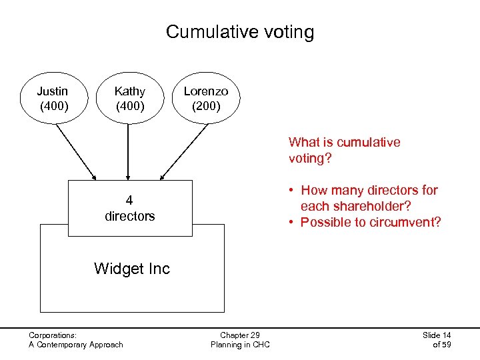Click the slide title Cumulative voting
tap(239, 32)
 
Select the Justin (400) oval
tap(52, 98)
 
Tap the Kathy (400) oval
tap(129, 98)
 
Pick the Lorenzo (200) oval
tap(205, 98)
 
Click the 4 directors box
tap(129, 208)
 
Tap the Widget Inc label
tap(132, 269)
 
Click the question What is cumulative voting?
tap(344, 150)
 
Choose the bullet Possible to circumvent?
tap(365, 222)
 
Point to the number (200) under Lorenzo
tap(205, 105)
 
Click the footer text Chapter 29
tap(240, 335)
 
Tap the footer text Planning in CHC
tap(240, 345)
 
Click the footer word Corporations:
tap(53, 335)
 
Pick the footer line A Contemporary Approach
tap(76, 345)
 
